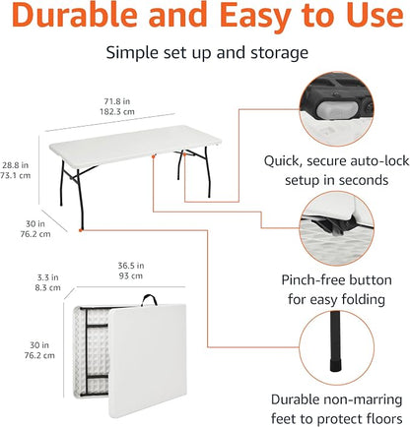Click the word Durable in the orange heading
(75, 16)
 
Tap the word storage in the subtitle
(279, 53)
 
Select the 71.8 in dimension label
(117, 101)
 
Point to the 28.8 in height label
(16, 165)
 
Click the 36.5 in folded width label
(131, 266)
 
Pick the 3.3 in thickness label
(47, 277)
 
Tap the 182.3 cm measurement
(117, 111)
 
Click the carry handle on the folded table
(149, 300)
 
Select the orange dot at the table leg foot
(81, 230)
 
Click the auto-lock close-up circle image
(336, 109)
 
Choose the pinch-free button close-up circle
(336, 228)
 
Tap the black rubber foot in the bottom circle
(335, 365)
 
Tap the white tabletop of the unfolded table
(135, 145)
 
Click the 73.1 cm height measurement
(16, 175)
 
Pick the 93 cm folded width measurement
(131, 275)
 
